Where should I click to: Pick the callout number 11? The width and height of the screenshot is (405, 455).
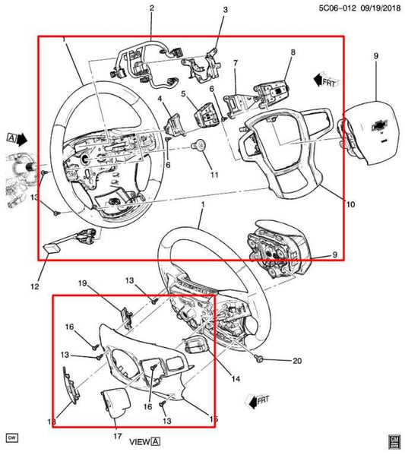click(x=214, y=175)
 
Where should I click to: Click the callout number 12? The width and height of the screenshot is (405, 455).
click(x=33, y=286)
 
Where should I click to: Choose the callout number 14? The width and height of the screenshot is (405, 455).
click(x=236, y=378)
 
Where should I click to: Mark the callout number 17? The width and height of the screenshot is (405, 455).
click(x=117, y=436)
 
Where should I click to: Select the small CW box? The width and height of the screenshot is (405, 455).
click(x=11, y=438)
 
